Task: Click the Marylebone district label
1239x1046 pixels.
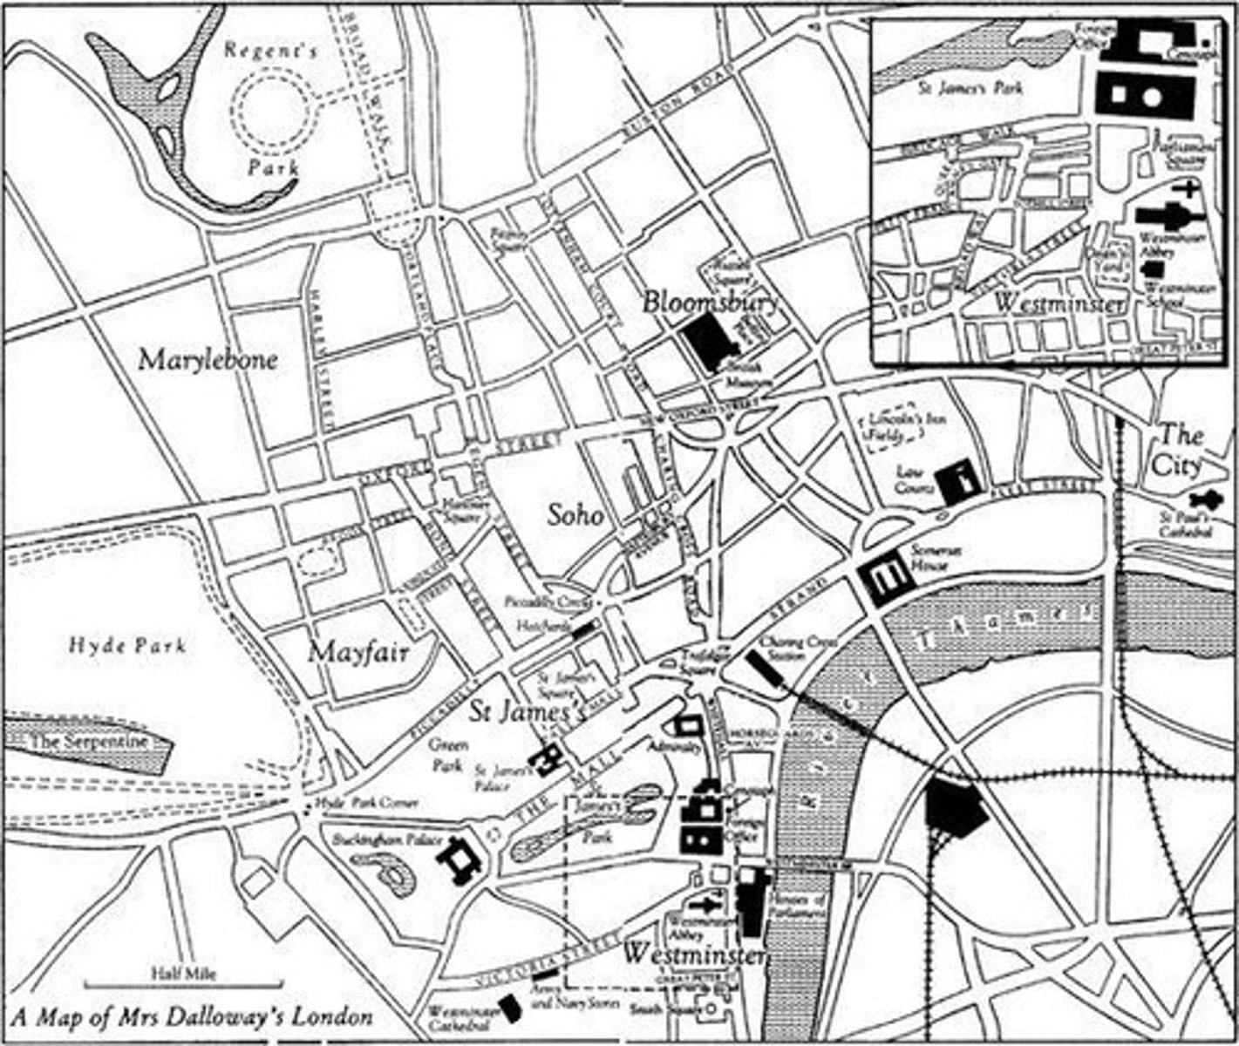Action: click(x=208, y=359)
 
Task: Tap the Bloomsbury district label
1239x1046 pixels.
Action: click(x=709, y=302)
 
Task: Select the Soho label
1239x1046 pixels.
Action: click(x=575, y=515)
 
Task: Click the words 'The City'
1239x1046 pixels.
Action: click(x=1179, y=450)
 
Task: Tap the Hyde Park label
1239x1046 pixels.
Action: click(x=127, y=646)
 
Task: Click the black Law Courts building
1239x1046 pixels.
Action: click(x=957, y=481)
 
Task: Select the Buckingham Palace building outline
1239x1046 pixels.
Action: click(x=459, y=861)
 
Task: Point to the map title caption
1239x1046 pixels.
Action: click(x=193, y=1017)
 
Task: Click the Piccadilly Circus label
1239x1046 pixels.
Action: click(x=550, y=602)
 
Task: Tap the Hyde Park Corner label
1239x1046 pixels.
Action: click(x=365, y=803)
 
